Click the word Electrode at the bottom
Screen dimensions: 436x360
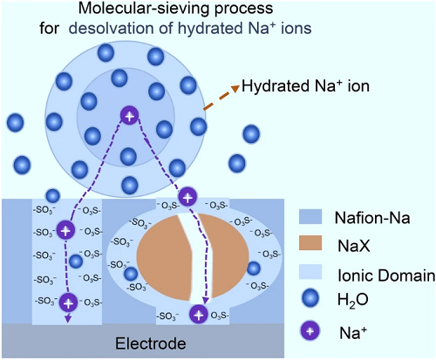pyautogui.click(x=151, y=343)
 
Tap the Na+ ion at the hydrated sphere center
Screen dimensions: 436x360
pyautogui.click(x=130, y=116)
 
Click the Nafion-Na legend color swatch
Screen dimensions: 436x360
pyautogui.click(x=310, y=217)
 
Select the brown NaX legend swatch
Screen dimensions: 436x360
pyautogui.click(x=310, y=243)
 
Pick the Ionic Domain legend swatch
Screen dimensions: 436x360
pyautogui.click(x=310, y=272)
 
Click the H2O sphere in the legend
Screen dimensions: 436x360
pyautogui.click(x=310, y=299)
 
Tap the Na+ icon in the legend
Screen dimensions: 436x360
pyautogui.click(x=310, y=331)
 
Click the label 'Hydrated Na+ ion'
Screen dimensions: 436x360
pyautogui.click(x=305, y=86)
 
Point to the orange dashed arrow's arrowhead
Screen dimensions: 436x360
pyautogui.click(x=235, y=88)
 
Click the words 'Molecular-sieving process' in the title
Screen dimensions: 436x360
pyautogui.click(x=176, y=8)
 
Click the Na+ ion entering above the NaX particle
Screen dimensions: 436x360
pyautogui.click(x=187, y=198)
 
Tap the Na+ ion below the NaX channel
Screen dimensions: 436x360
pyautogui.click(x=199, y=315)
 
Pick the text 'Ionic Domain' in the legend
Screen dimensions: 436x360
pyautogui.click(x=386, y=275)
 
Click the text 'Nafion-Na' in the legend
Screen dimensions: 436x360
pyautogui.click(x=372, y=218)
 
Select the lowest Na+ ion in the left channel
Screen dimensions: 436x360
pyautogui.click(x=68, y=302)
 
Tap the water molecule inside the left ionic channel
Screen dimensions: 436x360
pyautogui.click(x=76, y=262)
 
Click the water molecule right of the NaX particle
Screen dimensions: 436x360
pyautogui.click(x=254, y=268)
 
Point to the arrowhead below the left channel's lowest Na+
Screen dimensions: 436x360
pyautogui.click(x=68, y=319)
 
